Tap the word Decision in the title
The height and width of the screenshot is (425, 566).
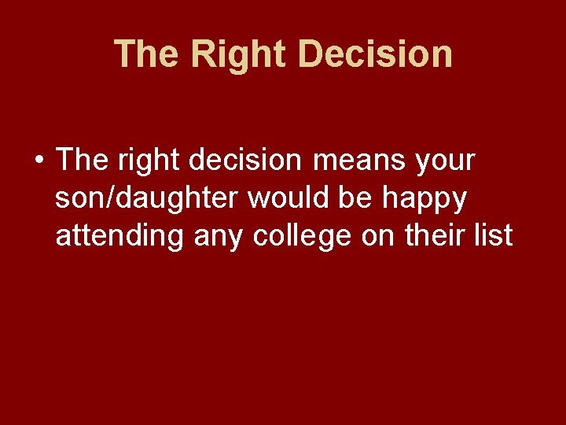376,54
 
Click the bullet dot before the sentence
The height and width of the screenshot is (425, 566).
38,162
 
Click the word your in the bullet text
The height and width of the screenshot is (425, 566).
447,162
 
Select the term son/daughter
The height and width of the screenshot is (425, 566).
148,198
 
